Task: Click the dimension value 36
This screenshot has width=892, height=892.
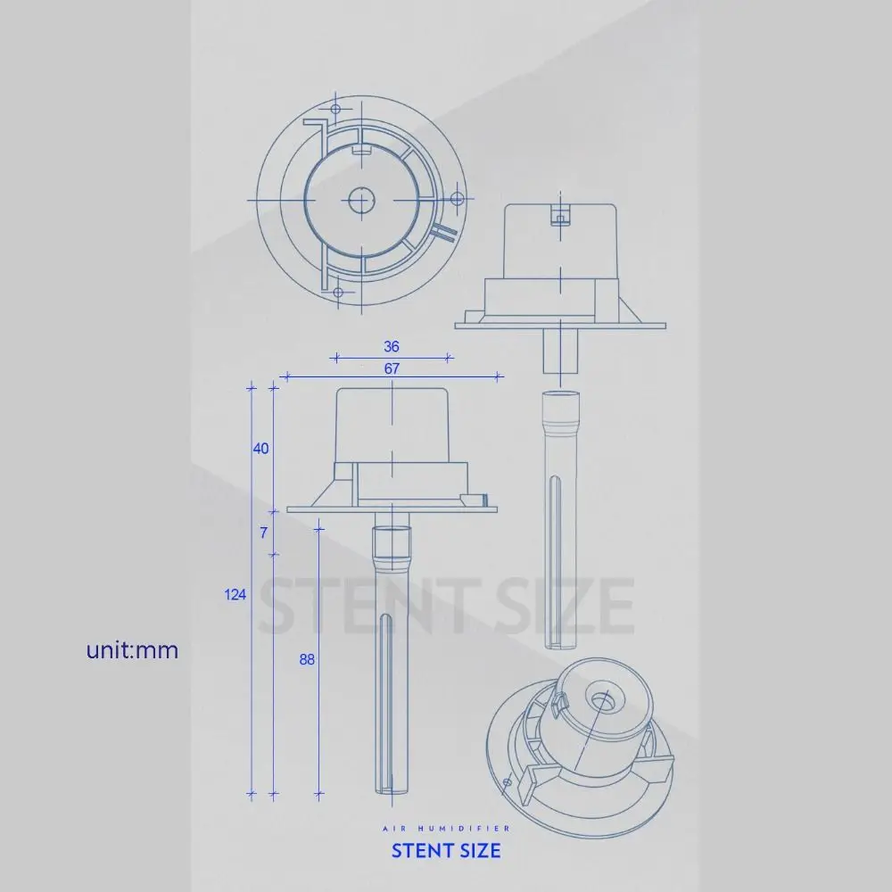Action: (x=391, y=347)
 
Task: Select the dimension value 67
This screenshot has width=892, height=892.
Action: (x=392, y=368)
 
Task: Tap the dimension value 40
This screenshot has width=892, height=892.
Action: (x=260, y=449)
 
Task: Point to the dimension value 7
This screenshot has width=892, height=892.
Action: (x=263, y=533)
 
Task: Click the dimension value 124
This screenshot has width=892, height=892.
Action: (x=235, y=595)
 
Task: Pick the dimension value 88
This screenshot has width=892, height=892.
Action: (x=307, y=659)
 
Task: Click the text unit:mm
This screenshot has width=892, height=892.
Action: (x=132, y=650)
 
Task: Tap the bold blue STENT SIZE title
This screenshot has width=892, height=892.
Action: (x=446, y=850)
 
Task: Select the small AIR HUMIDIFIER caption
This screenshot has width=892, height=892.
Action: (x=446, y=828)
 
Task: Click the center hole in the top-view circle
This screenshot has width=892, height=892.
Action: (x=361, y=201)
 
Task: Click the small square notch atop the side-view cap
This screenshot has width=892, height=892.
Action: (x=560, y=215)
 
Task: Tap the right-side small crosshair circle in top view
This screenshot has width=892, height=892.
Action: (x=455, y=197)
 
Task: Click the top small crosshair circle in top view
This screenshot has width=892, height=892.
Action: (x=336, y=109)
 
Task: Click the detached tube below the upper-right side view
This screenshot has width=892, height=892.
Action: (x=561, y=517)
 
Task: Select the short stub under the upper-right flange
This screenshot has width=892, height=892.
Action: (x=561, y=351)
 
